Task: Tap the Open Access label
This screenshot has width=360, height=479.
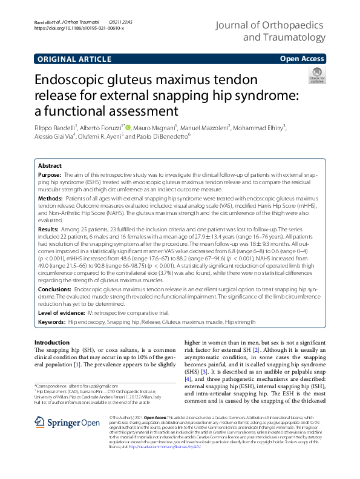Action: pos(303,59)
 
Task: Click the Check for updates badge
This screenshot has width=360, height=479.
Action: pos(316,76)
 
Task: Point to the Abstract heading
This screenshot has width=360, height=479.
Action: pos(50,166)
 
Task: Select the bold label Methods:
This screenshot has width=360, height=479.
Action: pos(51,198)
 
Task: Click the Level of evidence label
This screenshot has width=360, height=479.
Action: pos(62,312)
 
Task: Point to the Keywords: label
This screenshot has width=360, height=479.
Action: pos(52,323)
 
